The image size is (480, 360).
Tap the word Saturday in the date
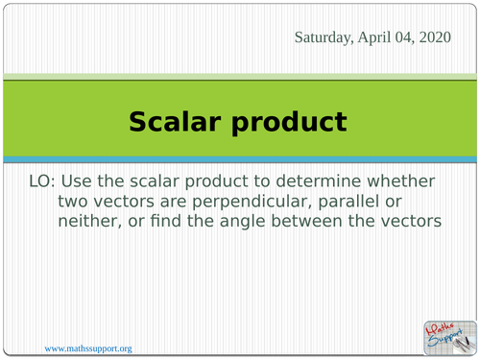click(325, 38)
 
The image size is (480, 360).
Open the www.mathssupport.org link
click(88, 348)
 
